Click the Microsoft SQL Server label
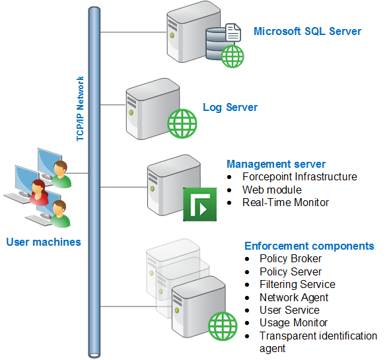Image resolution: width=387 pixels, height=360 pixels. pos(307,31)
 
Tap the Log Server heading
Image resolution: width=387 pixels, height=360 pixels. pos(230,108)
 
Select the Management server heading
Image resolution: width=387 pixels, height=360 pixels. pos(276,164)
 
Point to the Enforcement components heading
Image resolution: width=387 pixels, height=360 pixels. pos(309,246)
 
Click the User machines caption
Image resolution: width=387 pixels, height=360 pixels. pos(44,242)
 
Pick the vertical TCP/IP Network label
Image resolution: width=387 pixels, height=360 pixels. pos(80,108)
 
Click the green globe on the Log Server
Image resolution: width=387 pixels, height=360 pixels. pos(182,124)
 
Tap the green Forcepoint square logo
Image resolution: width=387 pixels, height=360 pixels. pos(199,204)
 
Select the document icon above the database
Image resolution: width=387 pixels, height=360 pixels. pos(233,32)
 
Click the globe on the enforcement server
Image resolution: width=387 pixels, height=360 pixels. pos(223,326)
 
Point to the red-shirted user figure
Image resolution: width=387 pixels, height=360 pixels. pos(38,193)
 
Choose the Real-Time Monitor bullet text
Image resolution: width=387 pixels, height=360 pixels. pos(285,203)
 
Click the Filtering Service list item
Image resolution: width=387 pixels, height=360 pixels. pos(297,284)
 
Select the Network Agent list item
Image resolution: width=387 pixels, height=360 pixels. pos(294,297)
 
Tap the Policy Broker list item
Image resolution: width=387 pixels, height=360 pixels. pos(291,259)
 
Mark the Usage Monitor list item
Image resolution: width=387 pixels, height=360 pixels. pos(293,323)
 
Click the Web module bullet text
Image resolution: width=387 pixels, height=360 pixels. pos(272,190)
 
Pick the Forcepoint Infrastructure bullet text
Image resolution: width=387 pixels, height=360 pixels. pos(300,177)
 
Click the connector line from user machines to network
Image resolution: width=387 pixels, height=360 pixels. pos(77,173)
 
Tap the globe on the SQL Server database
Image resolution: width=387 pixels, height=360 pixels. pos(232,57)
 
